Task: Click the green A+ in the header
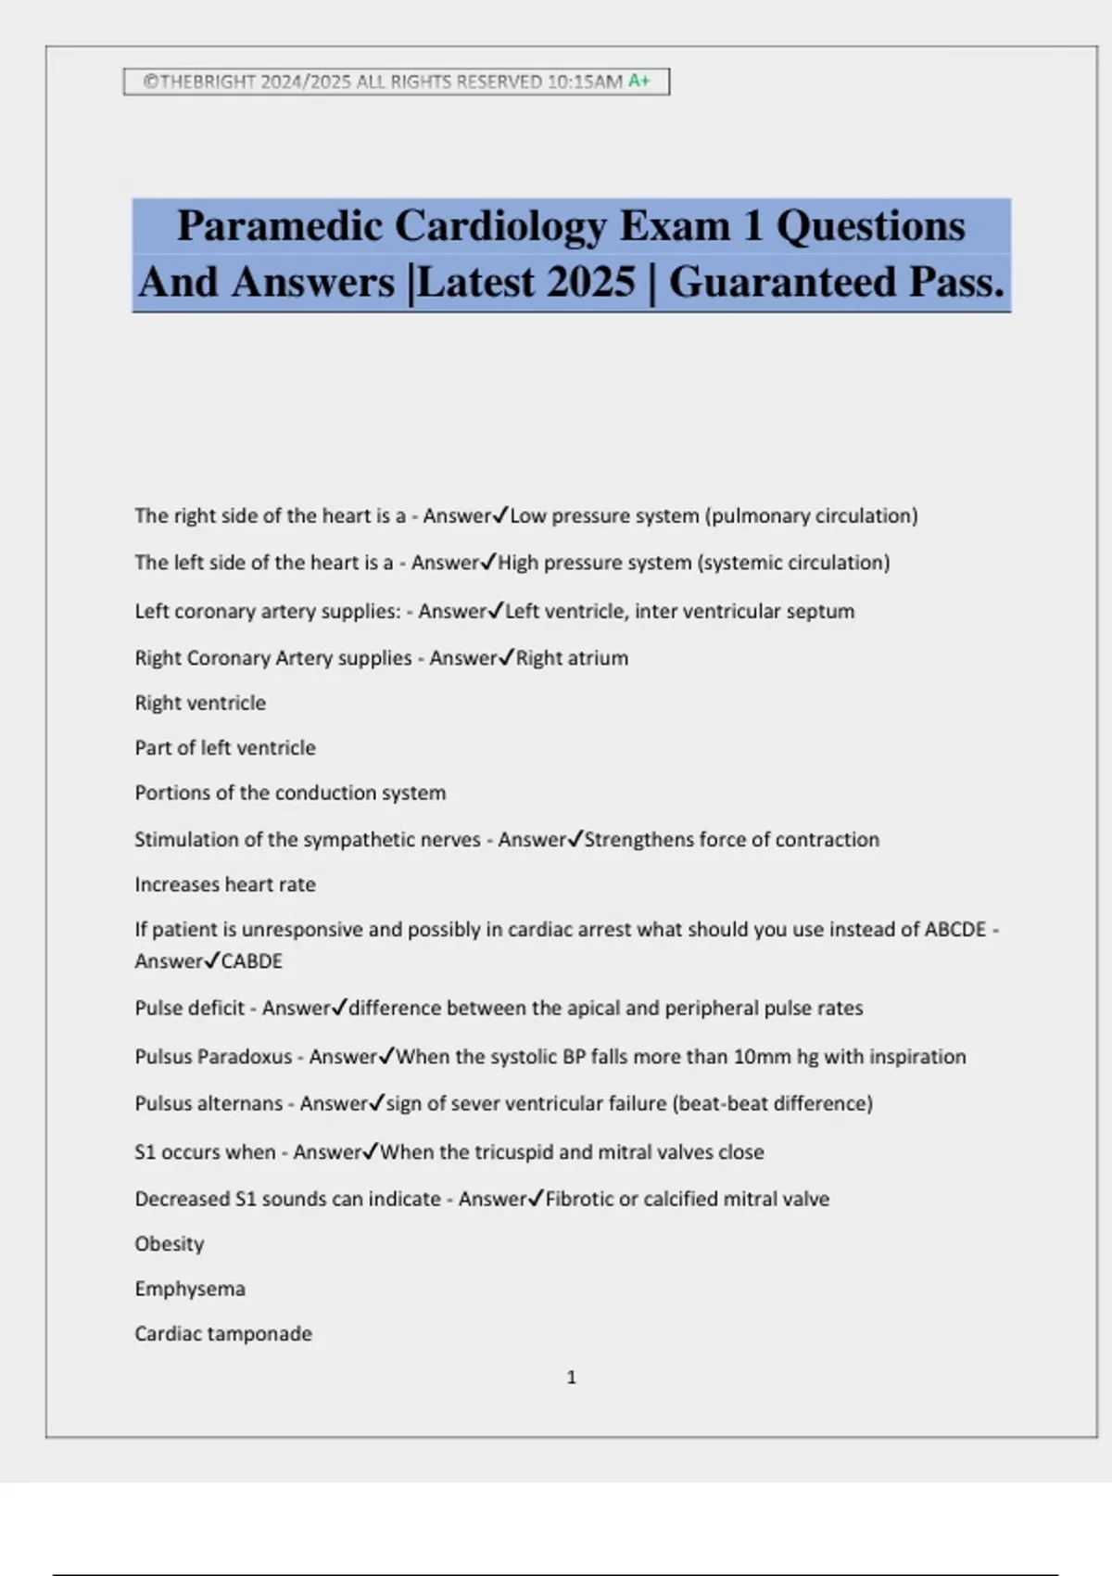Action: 639,82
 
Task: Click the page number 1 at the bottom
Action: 571,1378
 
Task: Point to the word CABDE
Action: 251,961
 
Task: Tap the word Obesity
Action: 169,1244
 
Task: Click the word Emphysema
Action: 190,1290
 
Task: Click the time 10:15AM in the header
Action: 585,82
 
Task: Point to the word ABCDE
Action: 955,930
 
